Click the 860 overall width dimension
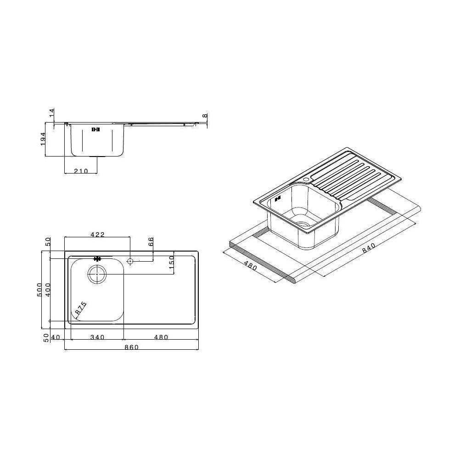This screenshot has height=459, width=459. tap(131, 347)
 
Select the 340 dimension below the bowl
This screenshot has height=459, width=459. tap(97, 337)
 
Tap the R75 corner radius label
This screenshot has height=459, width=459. tap(81, 308)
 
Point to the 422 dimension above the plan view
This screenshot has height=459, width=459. tap(97, 235)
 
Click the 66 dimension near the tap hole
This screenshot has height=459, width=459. tap(151, 241)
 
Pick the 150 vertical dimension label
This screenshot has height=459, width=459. tap(172, 263)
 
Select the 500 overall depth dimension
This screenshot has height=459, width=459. tap(39, 290)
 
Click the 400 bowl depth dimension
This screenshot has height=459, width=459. tap(48, 290)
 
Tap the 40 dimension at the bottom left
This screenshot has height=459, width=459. tap(56, 337)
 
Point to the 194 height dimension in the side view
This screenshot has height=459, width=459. tap(43, 139)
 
